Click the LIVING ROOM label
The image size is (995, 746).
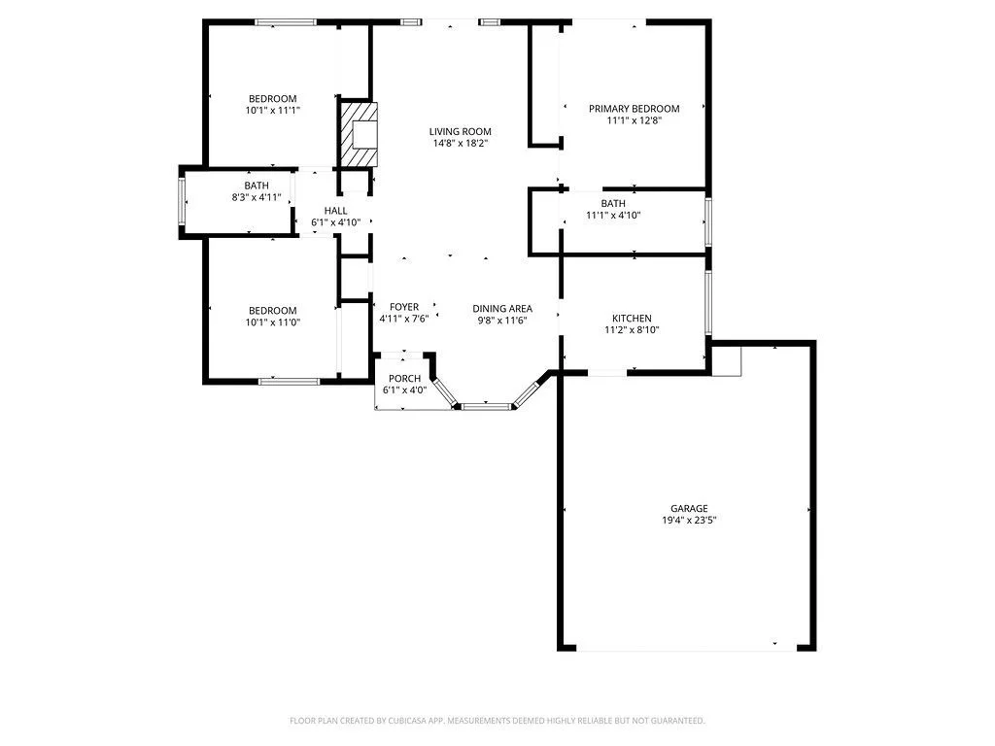pyautogui.click(x=460, y=132)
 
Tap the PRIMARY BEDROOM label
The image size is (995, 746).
pyautogui.click(x=634, y=109)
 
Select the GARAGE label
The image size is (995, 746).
pyautogui.click(x=689, y=508)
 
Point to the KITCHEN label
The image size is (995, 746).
pyautogui.click(x=632, y=318)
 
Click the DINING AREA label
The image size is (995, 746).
pyautogui.click(x=502, y=308)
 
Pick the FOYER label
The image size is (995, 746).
pyautogui.click(x=404, y=307)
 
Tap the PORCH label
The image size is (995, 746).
pyautogui.click(x=405, y=379)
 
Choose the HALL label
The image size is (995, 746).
pyautogui.click(x=335, y=211)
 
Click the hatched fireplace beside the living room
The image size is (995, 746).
pyautogui.click(x=359, y=135)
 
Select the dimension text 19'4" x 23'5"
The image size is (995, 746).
pyautogui.click(x=689, y=521)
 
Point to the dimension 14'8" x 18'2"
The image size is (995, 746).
pyautogui.click(x=460, y=144)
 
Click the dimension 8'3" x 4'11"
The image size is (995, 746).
pyautogui.click(x=257, y=197)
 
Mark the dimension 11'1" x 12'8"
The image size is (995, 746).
pyautogui.click(x=634, y=120)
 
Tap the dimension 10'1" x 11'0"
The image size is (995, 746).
pyautogui.click(x=273, y=322)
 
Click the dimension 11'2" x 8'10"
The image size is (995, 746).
pyautogui.click(x=632, y=330)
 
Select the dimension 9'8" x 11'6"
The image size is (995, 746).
pyautogui.click(x=502, y=321)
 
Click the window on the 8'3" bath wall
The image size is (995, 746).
pyautogui.click(x=182, y=201)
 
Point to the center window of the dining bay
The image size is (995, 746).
pyautogui.click(x=486, y=406)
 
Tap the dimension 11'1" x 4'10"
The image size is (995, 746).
pyautogui.click(x=613, y=215)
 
